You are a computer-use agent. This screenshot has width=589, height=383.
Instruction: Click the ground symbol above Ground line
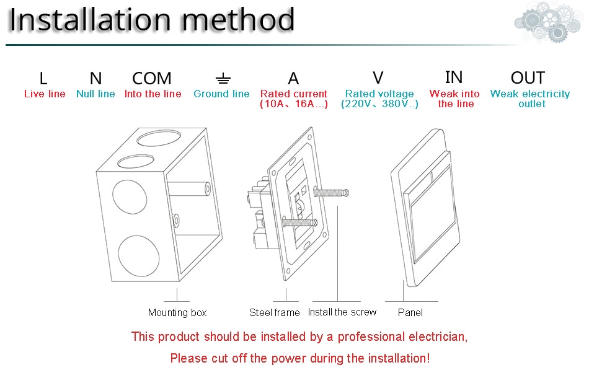223,79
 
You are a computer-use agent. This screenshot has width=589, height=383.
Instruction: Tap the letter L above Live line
43,79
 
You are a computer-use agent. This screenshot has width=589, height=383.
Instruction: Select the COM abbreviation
152,79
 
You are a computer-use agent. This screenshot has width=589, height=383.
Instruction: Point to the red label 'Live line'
45,94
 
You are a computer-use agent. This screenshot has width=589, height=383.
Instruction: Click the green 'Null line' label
95,94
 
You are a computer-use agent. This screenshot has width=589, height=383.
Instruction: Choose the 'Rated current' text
294,94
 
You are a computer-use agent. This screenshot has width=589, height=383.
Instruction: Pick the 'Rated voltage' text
379,94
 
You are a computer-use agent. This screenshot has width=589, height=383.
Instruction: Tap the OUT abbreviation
528,78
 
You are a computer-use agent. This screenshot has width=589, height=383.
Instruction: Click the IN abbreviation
454,77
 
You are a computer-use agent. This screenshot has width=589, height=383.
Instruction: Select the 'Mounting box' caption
177,313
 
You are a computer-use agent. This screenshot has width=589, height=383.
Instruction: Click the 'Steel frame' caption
275,313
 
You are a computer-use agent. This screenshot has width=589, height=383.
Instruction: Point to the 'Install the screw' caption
342,312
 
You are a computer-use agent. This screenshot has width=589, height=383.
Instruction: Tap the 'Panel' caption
410,313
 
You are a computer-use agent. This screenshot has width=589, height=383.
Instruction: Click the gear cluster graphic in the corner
549,22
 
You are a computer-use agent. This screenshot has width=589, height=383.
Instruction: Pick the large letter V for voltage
378,77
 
